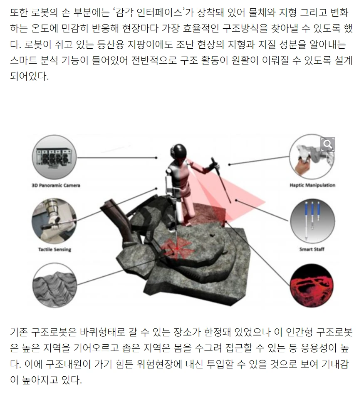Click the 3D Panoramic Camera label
pos(56,185)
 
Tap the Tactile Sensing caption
pos(54,249)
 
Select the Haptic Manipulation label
pos(312,185)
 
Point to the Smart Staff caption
pos(312,249)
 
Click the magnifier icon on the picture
pos(328,144)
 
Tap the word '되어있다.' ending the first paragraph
pos(29,77)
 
